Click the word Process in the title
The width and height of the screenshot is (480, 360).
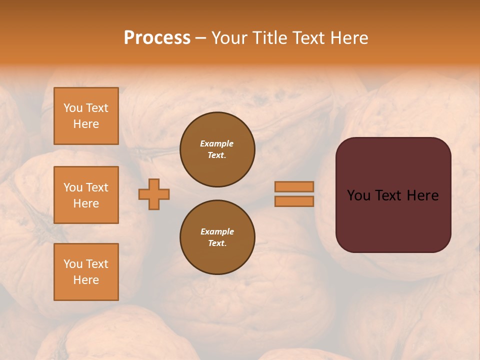[x=157, y=38]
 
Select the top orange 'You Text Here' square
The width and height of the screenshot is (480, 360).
[x=86, y=116]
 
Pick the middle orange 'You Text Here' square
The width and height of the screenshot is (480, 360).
[x=86, y=195]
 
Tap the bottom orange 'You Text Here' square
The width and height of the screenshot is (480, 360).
[x=86, y=272]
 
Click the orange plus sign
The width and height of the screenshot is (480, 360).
[x=154, y=194]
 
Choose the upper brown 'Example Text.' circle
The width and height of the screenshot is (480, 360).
[x=217, y=149]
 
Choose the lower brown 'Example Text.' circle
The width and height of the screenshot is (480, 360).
[x=217, y=237]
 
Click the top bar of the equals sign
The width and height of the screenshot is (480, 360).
[x=294, y=186]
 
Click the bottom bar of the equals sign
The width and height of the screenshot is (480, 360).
[x=294, y=201]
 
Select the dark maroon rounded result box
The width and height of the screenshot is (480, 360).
[x=393, y=220]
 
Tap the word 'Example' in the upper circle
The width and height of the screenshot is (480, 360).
[x=216, y=143]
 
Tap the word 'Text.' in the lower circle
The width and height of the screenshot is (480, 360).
[x=217, y=243]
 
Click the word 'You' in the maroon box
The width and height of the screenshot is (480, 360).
[x=358, y=195]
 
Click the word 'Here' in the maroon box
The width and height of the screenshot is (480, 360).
[x=422, y=195]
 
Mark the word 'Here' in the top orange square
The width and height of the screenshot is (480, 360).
[x=86, y=124]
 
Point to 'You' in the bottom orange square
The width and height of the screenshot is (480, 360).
[x=73, y=264]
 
